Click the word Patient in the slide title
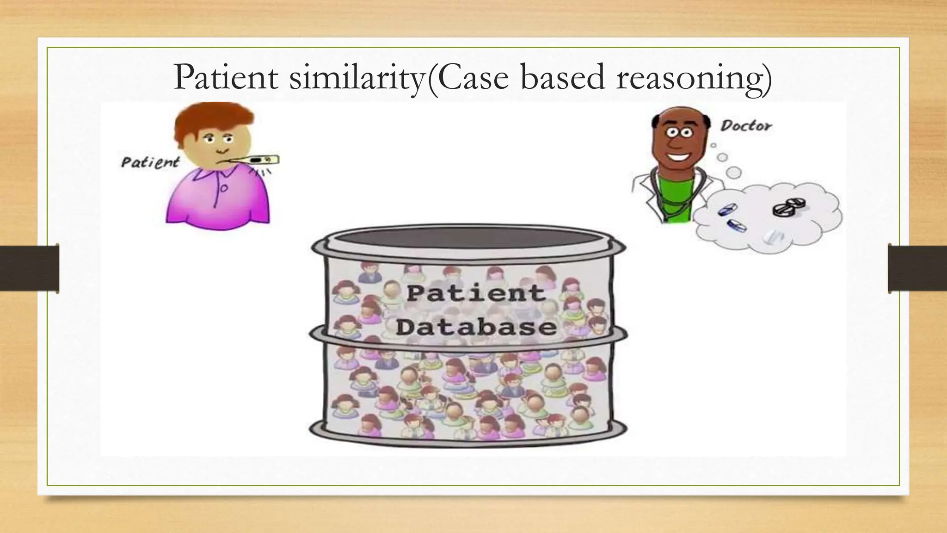[x=226, y=78]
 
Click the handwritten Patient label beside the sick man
[x=150, y=162]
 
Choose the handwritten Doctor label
[x=746, y=125]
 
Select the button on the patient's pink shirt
[x=223, y=189]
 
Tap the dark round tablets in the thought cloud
[x=789, y=206]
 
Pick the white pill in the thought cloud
[x=773, y=237]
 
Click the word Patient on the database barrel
[x=475, y=293]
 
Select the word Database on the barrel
[x=476, y=328]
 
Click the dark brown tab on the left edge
[x=29, y=268]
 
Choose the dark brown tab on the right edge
[x=917, y=268]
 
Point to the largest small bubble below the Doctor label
[x=733, y=173]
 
